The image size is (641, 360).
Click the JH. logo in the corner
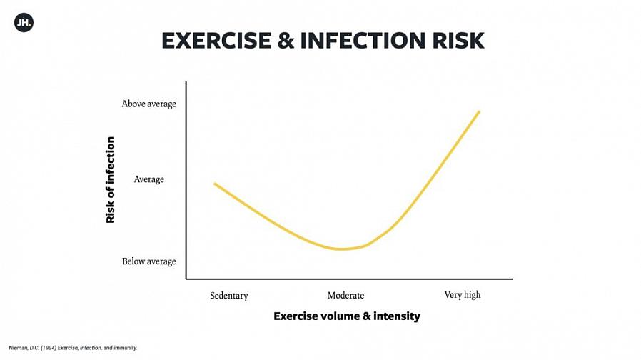coord(24,22)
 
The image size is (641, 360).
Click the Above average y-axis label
coord(148,104)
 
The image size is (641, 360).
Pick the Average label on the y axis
coord(149,179)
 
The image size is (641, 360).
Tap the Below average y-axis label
coord(148,261)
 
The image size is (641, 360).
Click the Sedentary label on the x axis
coord(229,295)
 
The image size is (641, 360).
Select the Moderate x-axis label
coord(345,295)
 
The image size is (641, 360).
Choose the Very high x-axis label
coord(463,295)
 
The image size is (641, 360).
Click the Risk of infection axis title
coord(111,180)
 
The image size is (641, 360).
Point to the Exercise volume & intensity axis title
coord(347,316)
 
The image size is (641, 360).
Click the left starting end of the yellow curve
coord(215,184)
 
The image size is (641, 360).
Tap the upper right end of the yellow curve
coord(479,111)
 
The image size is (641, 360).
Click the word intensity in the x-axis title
coord(397,316)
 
